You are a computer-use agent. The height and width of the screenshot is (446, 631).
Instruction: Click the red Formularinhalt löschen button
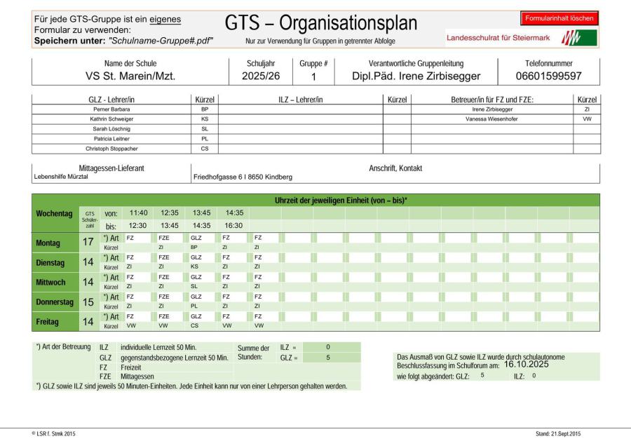(x=559, y=18)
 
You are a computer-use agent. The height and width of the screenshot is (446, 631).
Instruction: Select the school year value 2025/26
(x=261, y=76)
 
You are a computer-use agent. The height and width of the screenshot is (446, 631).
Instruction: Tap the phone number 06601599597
(x=549, y=76)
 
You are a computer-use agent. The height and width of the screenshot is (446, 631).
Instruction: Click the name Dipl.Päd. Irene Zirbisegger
(x=416, y=76)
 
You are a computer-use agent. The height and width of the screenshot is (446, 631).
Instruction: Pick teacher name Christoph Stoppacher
(x=111, y=149)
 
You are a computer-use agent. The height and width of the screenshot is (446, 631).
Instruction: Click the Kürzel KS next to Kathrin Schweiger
(x=205, y=119)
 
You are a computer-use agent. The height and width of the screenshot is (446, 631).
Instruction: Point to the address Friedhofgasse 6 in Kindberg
(x=243, y=177)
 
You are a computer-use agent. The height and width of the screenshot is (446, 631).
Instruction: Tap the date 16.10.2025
(x=526, y=365)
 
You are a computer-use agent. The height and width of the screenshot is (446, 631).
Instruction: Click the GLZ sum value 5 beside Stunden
(x=327, y=358)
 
